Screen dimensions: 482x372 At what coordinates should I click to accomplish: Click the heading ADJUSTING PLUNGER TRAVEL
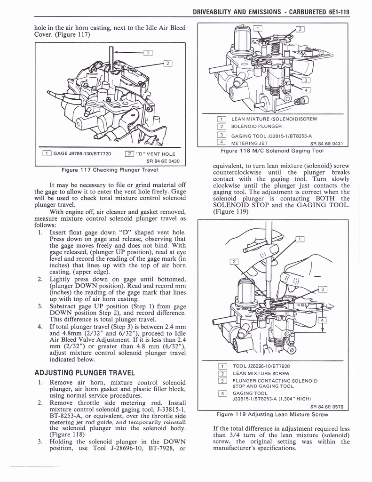point(85,373)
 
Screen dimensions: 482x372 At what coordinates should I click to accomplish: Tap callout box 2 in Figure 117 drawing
point(167,64)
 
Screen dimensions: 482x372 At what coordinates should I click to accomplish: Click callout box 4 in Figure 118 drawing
point(306,90)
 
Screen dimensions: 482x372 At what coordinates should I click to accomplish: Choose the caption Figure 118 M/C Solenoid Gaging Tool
point(272,151)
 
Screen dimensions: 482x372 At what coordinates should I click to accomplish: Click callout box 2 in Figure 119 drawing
point(232,262)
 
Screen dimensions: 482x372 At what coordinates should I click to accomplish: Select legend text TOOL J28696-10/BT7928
point(261,366)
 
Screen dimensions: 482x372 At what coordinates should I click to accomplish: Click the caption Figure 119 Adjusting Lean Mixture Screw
point(272,414)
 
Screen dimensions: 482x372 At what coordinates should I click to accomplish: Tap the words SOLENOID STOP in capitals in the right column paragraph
point(239,205)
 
